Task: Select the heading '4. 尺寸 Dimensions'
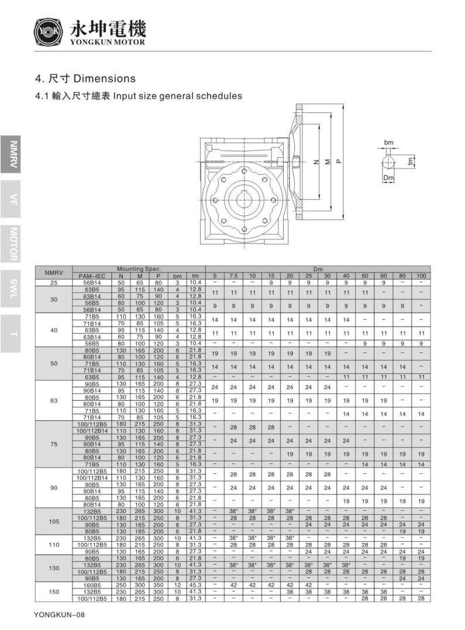85,78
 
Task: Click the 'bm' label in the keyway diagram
388,142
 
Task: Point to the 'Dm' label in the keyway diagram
387,178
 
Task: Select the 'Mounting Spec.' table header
138,269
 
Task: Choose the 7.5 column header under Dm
233,275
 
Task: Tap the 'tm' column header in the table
195,275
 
